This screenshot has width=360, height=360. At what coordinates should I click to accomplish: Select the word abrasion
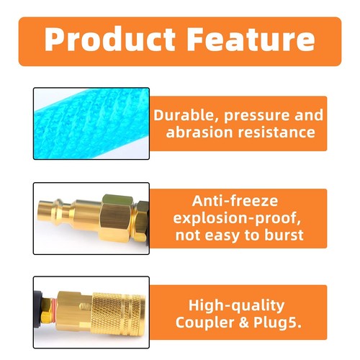tap(201, 132)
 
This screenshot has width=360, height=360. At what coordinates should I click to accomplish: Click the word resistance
tap(277, 132)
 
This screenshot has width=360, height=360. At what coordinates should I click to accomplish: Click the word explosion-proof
tap(235, 218)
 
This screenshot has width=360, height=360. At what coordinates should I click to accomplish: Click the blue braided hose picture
tap(91, 123)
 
